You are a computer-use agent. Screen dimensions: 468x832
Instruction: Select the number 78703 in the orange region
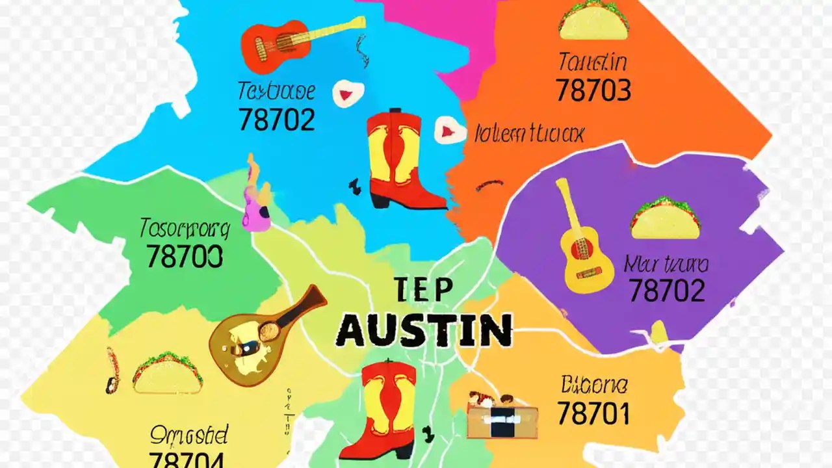[593, 91]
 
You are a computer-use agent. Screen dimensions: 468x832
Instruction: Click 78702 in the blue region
[276, 119]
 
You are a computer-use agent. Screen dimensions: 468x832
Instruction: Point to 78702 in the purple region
[666, 291]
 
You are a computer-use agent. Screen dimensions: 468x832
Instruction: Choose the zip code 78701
[593, 413]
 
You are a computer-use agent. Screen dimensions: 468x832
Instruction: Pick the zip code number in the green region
[185, 255]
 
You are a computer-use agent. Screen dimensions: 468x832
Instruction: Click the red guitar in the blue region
[296, 40]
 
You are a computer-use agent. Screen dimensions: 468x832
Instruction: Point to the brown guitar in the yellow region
[266, 335]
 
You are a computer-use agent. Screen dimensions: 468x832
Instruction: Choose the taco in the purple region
[665, 218]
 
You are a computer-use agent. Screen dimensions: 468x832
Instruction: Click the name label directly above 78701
[593, 385]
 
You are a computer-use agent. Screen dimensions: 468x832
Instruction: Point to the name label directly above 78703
[592, 62]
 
